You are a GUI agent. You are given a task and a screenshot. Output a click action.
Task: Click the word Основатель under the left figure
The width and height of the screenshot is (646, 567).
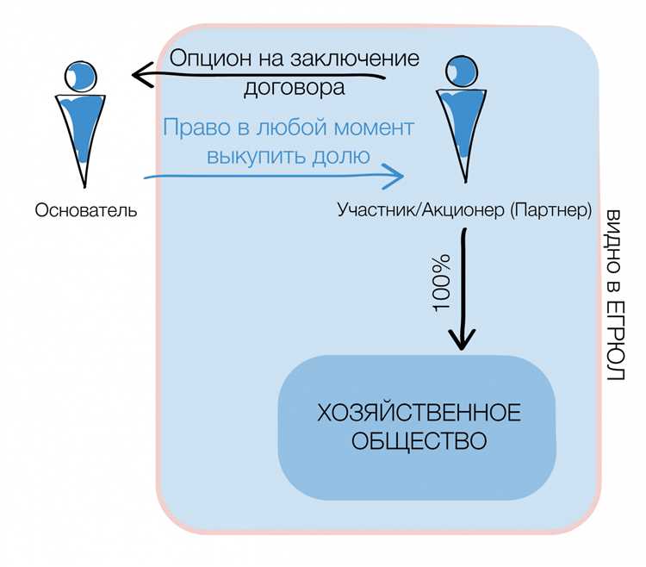(85, 209)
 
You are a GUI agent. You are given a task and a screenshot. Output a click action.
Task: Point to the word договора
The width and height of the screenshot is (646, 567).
(295, 86)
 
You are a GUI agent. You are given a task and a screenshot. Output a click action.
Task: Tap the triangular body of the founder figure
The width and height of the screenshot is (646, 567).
(84, 129)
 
